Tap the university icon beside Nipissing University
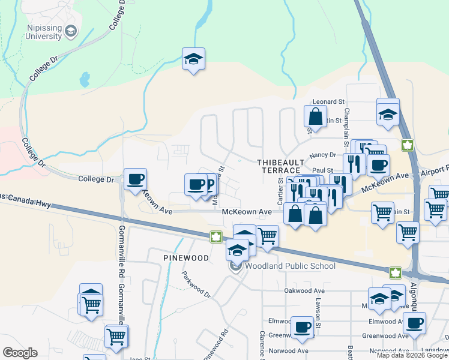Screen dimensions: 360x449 pos(71,31)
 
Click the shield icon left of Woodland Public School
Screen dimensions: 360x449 pos(237,266)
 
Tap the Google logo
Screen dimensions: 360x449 pos(20,353)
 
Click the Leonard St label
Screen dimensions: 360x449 pos(327,103)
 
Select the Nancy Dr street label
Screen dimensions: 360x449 pos(321,155)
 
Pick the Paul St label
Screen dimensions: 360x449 pos(322,170)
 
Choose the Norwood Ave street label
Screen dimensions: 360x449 pos(288,350)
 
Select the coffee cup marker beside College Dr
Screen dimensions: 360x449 pos(135,178)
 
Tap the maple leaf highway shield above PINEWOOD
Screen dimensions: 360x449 pos(215,237)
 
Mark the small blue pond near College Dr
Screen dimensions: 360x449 pos(85,79)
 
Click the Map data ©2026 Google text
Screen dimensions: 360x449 pos(412,355)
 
